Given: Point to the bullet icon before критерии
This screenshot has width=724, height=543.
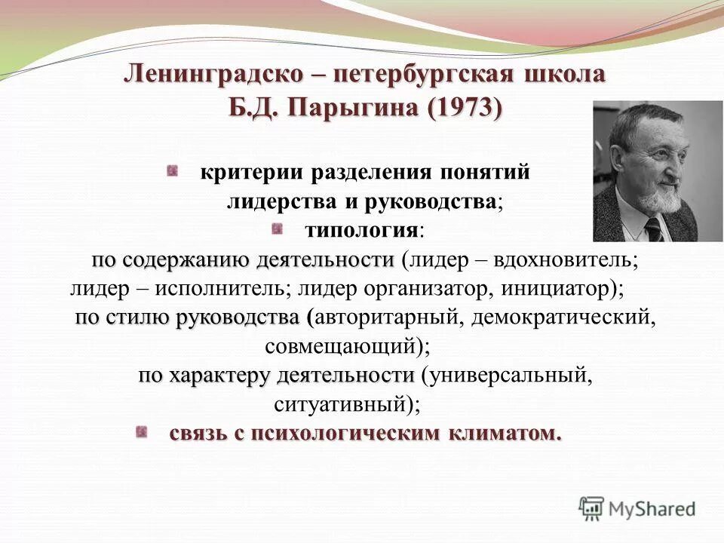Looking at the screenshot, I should pyautogui.click(x=173, y=171).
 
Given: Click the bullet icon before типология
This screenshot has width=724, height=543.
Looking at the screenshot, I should pyautogui.click(x=278, y=227).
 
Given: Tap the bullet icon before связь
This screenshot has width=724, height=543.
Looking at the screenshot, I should pyautogui.click(x=141, y=432).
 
